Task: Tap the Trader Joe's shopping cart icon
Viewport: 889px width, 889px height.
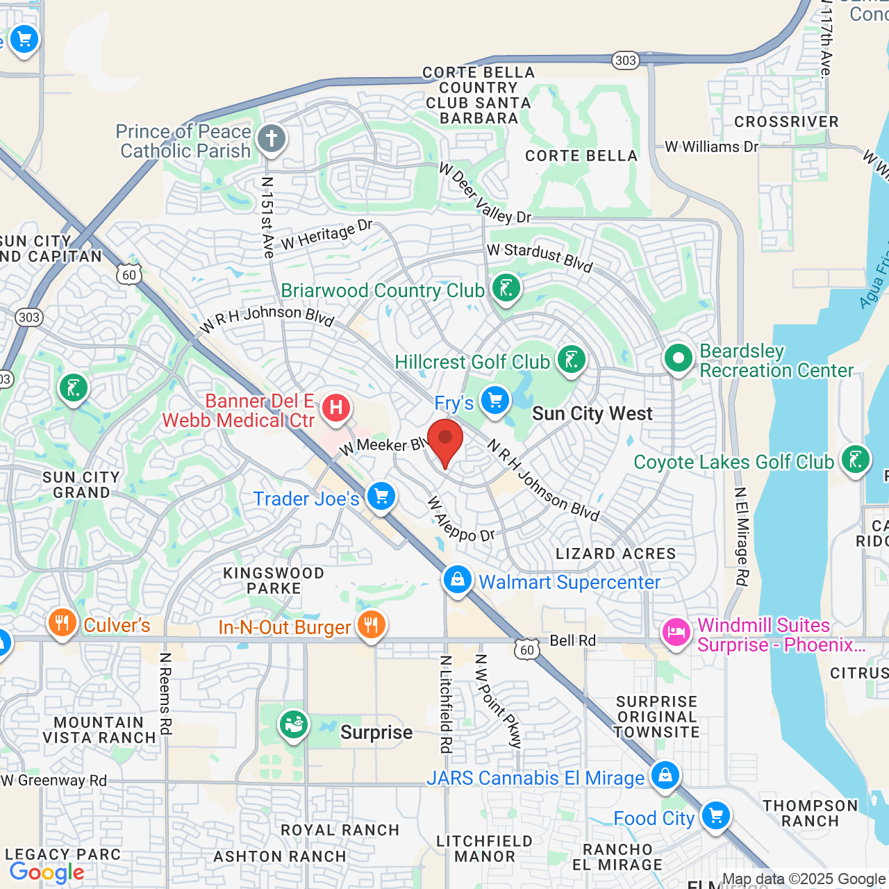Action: (381, 497)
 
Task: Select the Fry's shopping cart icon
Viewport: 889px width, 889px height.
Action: (495, 401)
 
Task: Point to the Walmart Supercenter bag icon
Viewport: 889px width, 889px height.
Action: (457, 580)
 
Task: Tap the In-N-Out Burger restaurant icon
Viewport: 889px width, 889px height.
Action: (372, 625)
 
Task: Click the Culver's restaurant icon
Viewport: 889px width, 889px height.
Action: (62, 623)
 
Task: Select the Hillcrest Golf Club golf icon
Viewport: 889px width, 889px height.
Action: (571, 360)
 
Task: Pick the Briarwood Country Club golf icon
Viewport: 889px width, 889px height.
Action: (506, 288)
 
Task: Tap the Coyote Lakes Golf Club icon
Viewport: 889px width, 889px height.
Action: (855, 460)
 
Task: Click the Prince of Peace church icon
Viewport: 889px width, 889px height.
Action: (272, 139)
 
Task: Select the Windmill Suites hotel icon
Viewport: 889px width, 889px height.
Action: (675, 633)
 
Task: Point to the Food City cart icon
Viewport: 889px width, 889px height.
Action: (715, 816)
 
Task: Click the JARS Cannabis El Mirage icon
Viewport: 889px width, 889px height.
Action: (665, 775)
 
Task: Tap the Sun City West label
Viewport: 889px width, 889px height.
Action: (592, 414)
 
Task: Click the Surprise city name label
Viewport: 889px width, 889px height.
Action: (376, 733)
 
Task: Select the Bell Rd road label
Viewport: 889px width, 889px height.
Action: (572, 640)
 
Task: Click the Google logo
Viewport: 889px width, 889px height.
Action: (47, 872)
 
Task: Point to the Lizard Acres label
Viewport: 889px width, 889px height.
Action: (615, 554)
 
